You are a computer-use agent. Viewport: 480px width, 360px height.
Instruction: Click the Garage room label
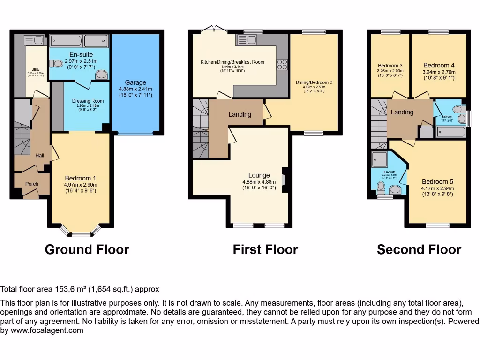point(135,82)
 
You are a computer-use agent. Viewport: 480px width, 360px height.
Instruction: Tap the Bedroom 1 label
point(81,178)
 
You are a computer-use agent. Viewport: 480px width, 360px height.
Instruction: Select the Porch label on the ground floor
point(31,184)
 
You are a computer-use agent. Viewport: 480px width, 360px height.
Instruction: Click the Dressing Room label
point(88,101)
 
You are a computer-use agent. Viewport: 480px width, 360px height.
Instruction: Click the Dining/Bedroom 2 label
point(314,82)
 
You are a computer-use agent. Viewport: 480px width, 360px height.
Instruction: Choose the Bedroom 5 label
point(437,182)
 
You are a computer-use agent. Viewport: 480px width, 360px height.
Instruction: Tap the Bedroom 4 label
point(439,66)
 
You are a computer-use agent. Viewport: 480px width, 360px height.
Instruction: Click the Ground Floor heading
point(87,249)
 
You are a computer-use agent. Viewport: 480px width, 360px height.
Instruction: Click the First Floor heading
point(265,249)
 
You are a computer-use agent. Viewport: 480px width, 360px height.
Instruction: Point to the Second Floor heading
point(419,249)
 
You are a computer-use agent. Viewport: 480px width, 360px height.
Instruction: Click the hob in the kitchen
point(282,64)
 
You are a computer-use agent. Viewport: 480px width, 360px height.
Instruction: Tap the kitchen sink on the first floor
point(245,39)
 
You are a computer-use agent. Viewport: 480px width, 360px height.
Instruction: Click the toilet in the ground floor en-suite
point(58,63)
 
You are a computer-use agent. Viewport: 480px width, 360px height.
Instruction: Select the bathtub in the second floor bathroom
point(451,132)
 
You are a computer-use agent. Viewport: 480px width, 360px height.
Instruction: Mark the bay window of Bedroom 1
point(81,232)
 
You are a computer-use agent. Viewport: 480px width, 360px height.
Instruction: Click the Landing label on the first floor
point(240,114)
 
